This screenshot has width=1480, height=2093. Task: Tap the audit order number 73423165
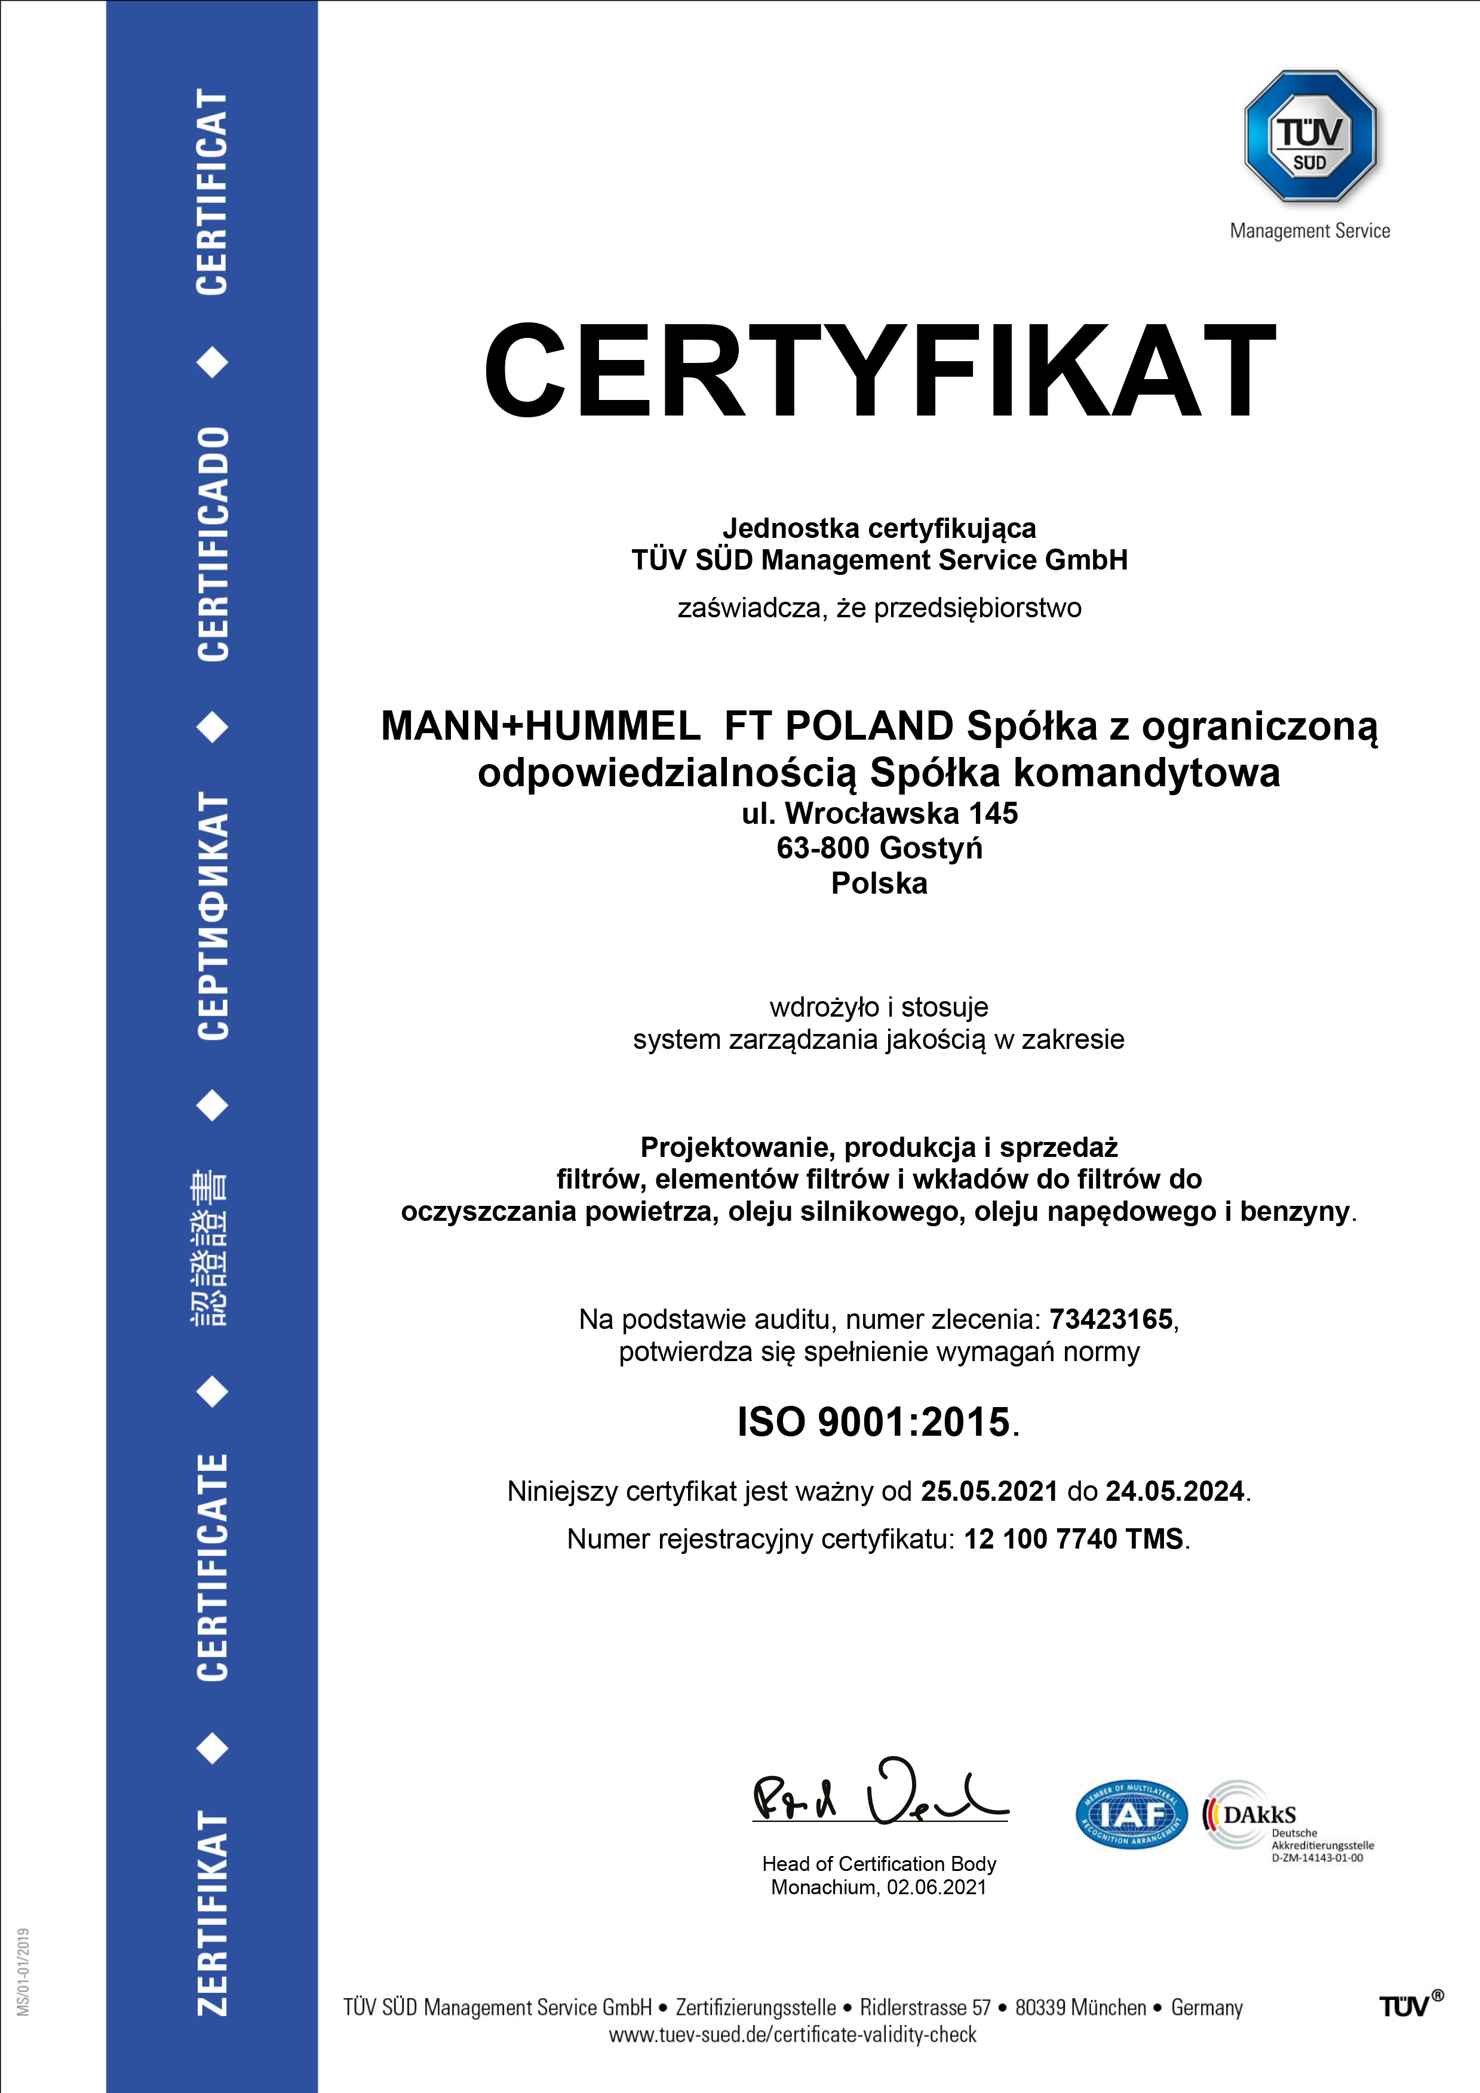[x=1111, y=1319]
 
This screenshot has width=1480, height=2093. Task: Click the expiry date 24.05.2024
[x=1175, y=1491]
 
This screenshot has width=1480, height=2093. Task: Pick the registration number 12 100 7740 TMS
[x=1073, y=1539]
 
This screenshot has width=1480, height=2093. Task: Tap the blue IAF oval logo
[x=1132, y=1814]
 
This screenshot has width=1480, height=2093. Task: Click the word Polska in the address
[x=879, y=884]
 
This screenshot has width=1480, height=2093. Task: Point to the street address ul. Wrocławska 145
[x=879, y=812]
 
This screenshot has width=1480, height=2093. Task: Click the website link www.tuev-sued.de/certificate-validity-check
[x=793, y=2034]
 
